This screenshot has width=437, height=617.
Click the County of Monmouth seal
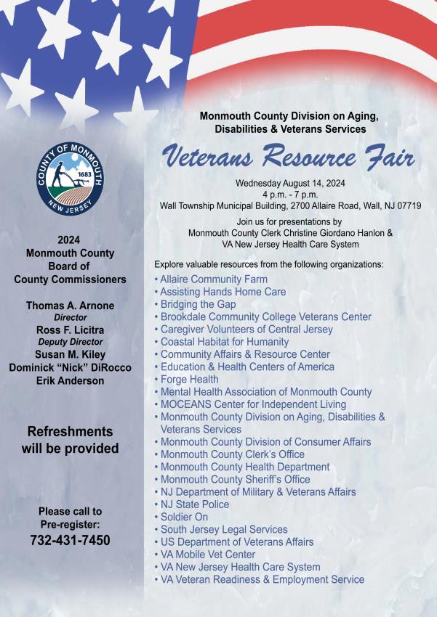point(70,176)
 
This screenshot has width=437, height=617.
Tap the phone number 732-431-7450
point(70,541)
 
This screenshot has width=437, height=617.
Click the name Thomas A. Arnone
point(70,306)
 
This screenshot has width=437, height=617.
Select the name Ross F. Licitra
point(70,330)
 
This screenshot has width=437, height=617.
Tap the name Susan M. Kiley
point(70,354)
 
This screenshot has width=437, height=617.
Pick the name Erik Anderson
point(70,380)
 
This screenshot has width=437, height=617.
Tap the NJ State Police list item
point(194,504)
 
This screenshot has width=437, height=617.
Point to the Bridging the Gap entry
point(197,304)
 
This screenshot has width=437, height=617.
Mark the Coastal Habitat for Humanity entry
point(224,342)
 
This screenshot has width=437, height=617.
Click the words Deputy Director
point(70,342)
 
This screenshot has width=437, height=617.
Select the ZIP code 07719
point(406,206)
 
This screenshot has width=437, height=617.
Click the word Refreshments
point(70,431)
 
